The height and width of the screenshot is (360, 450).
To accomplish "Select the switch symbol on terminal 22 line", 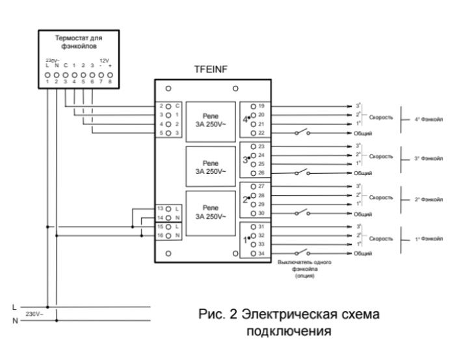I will (302, 133).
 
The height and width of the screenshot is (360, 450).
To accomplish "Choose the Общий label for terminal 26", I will (363, 174).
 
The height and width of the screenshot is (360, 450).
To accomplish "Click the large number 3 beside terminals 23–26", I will (245, 159).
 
